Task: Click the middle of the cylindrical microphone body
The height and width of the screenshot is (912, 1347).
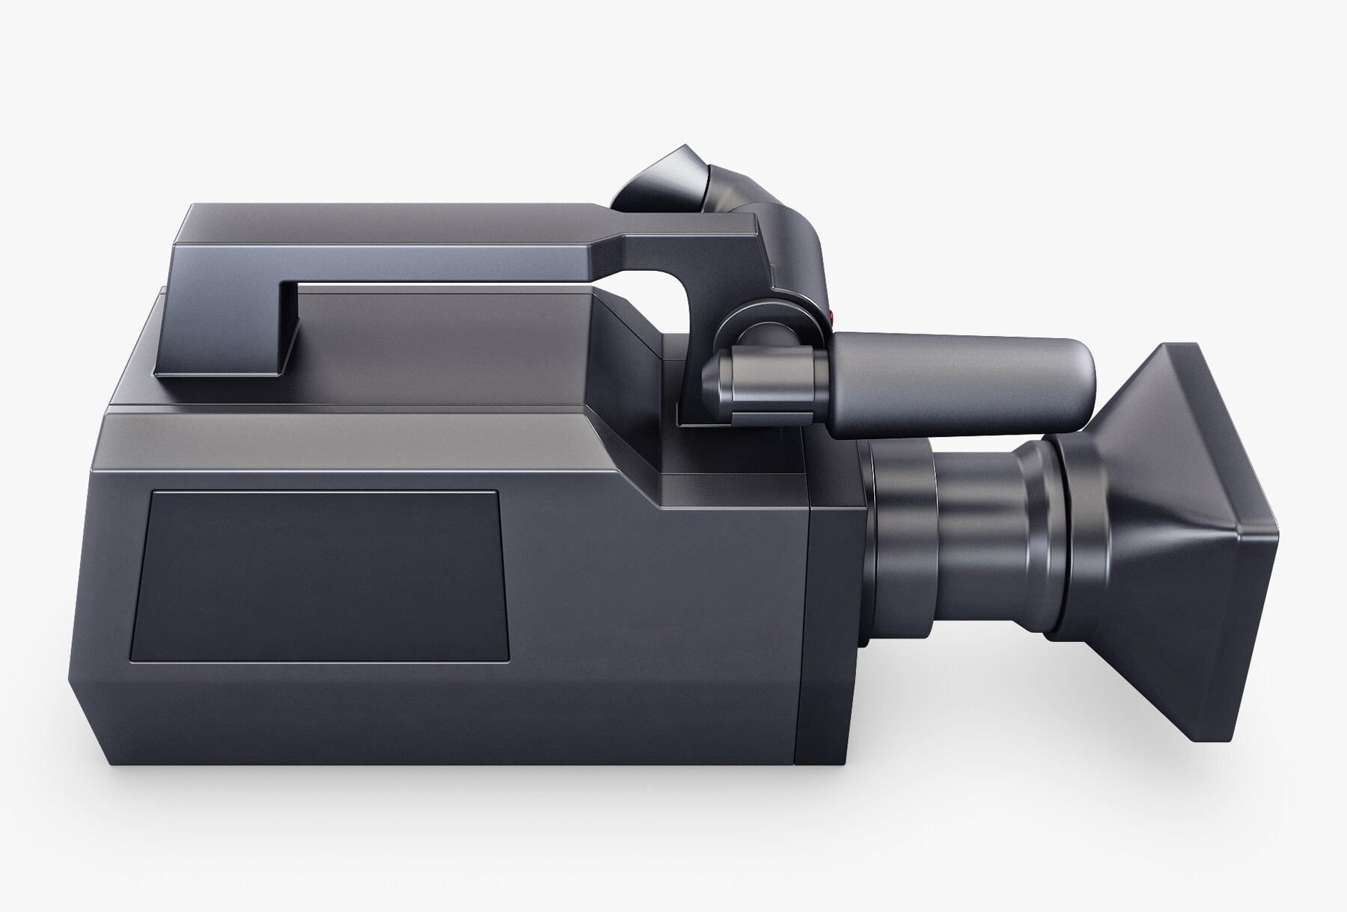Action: [950, 383]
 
